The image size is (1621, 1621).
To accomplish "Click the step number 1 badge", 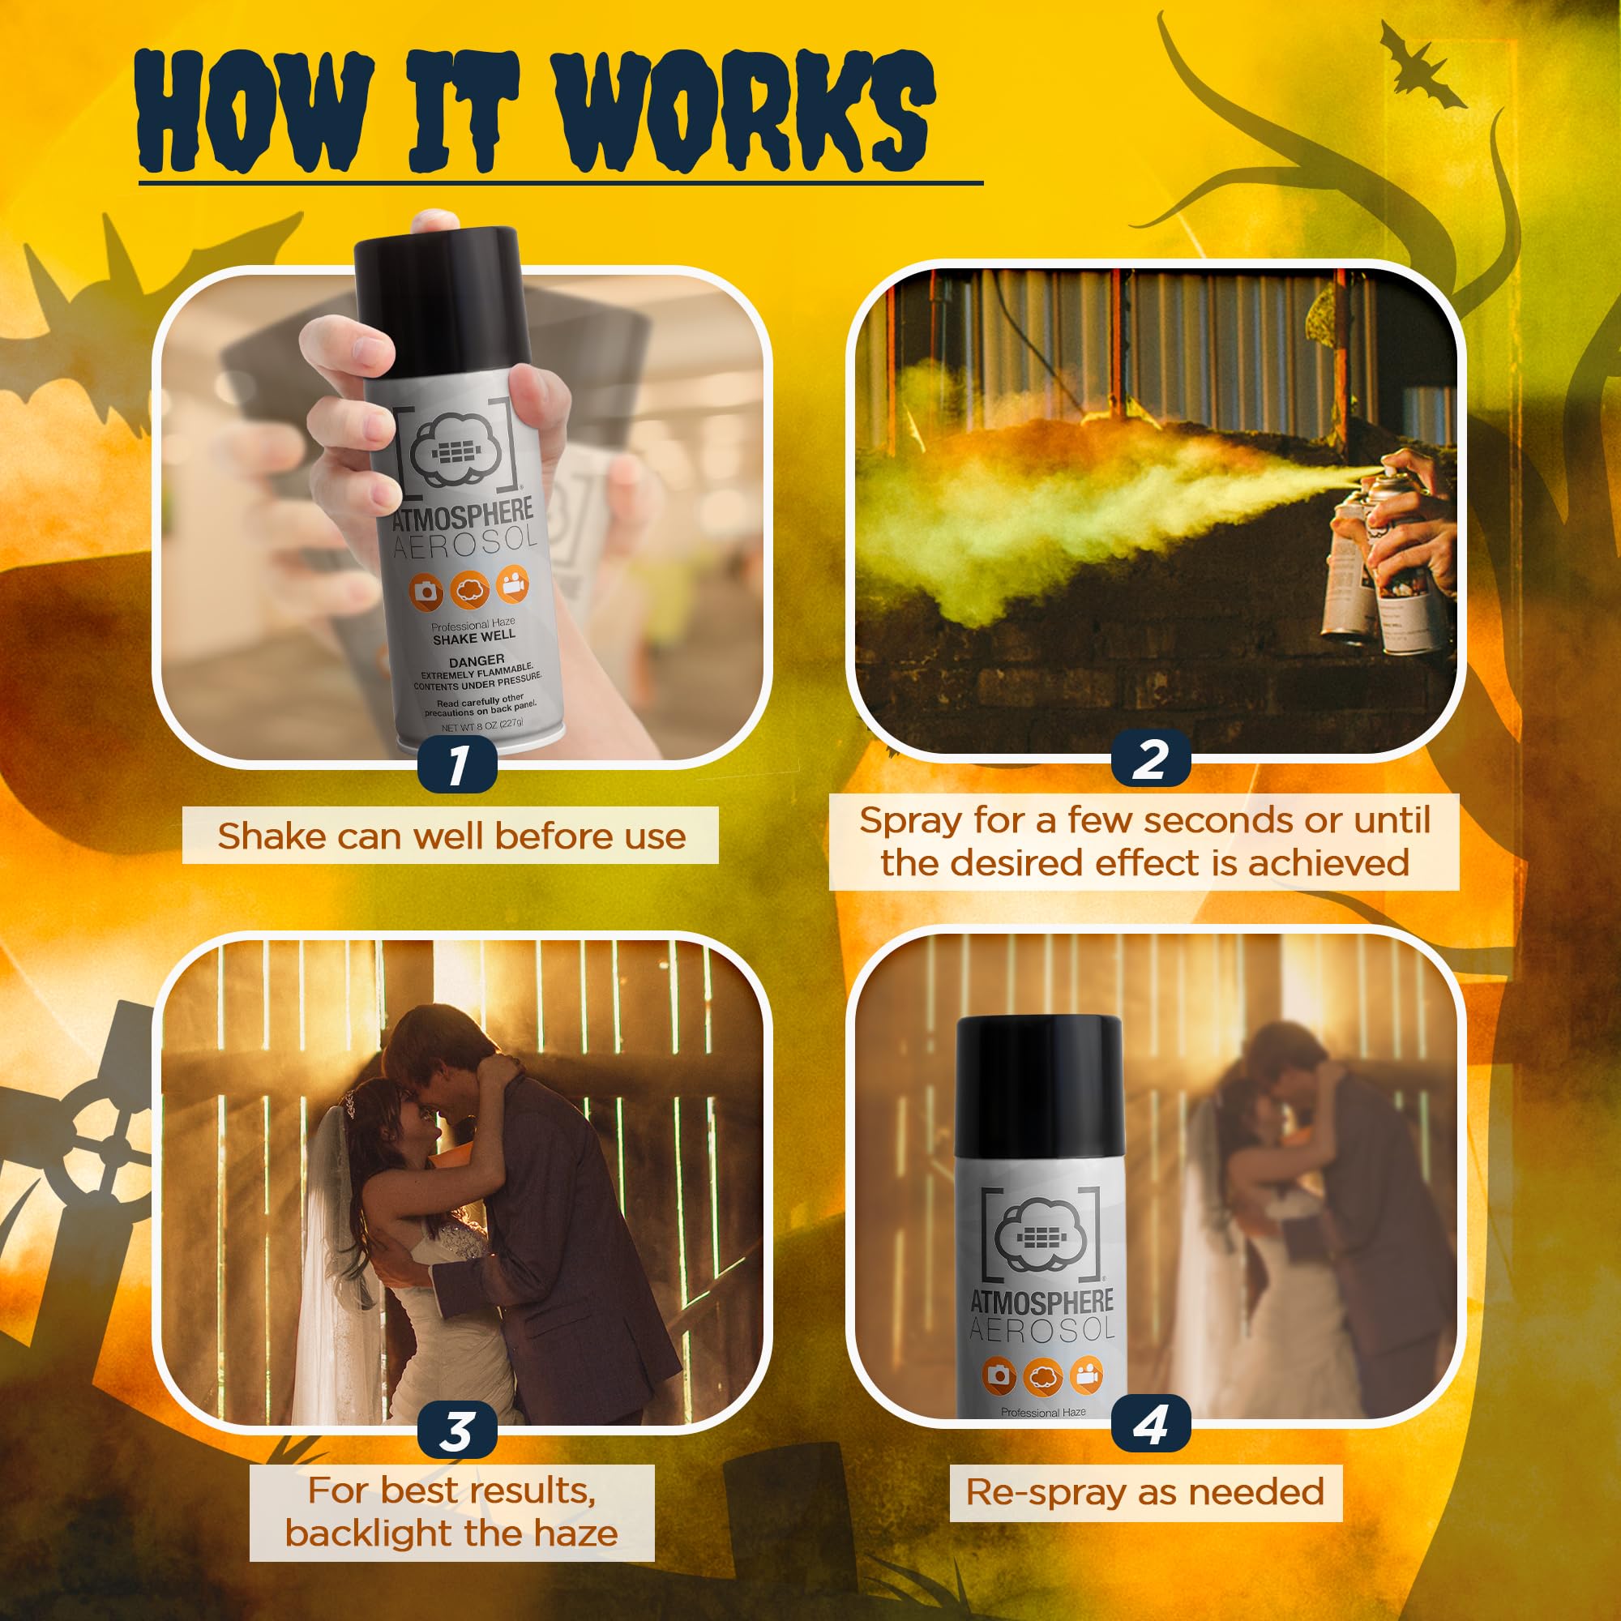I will point(456,765).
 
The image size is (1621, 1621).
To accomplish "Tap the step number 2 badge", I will point(1150,759).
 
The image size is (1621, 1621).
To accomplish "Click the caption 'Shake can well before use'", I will point(451,836).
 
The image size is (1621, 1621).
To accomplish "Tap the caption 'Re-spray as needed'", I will point(1145,1493).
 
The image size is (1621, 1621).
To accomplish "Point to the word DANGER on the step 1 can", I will point(477,661).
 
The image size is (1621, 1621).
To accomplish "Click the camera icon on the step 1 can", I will point(426,592).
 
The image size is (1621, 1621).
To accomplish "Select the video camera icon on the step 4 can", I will point(1088,1374).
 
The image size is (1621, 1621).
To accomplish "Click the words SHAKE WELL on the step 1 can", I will point(474,639).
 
